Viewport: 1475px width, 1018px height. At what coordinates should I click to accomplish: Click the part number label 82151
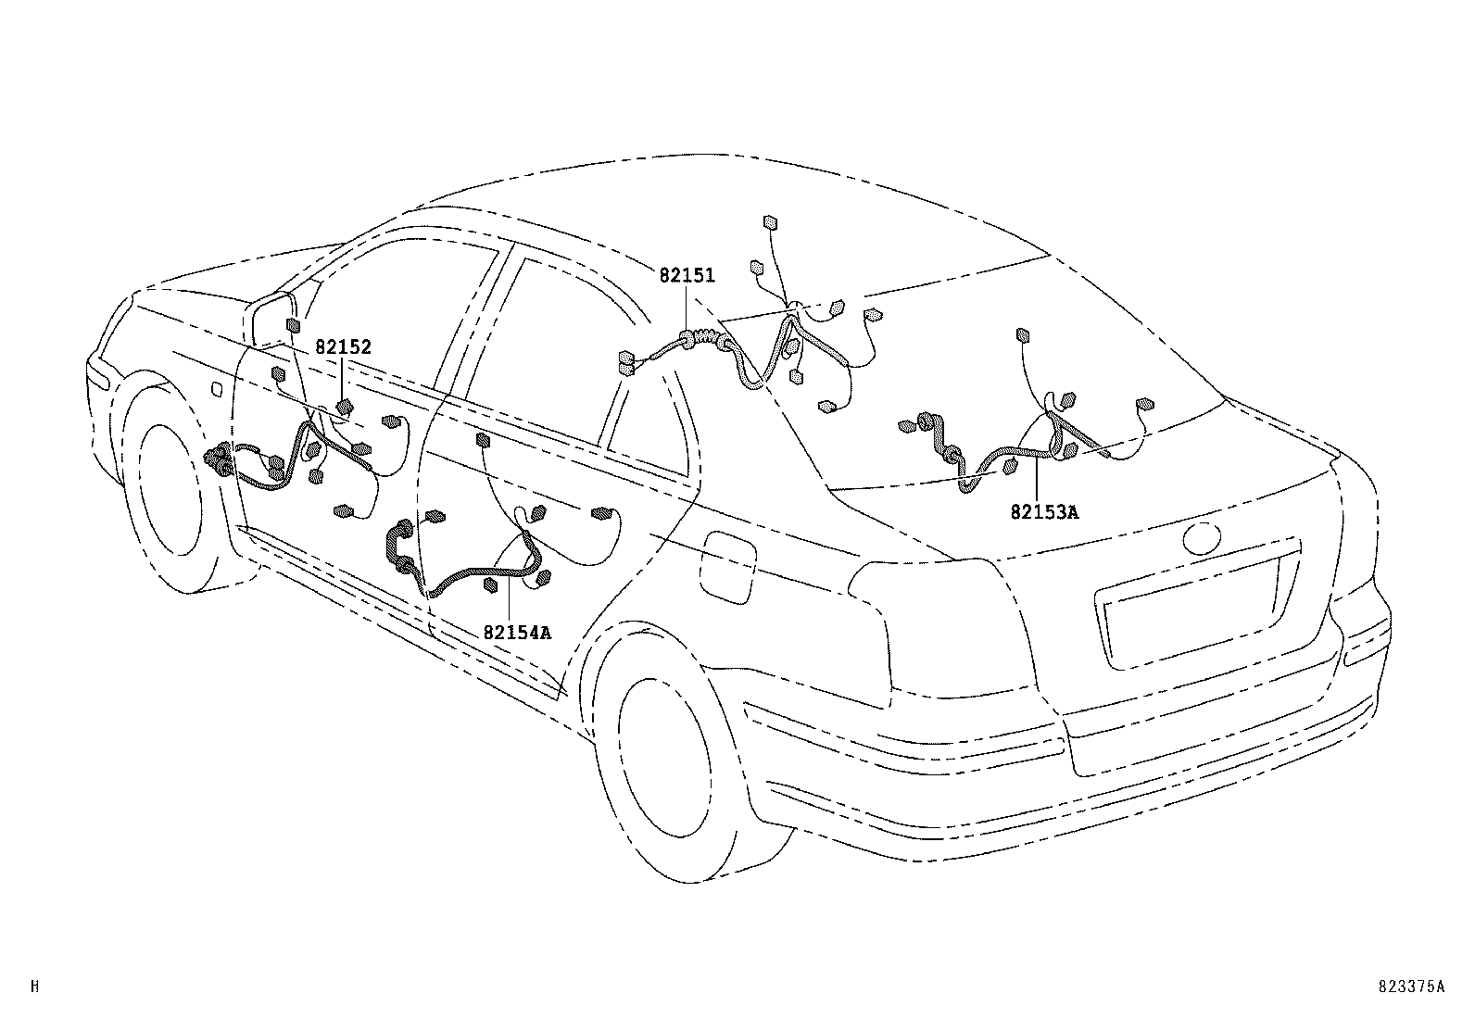[x=687, y=275]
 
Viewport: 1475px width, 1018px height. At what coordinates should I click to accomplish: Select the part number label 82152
[x=343, y=347]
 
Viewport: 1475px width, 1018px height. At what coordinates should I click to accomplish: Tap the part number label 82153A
[x=1044, y=511]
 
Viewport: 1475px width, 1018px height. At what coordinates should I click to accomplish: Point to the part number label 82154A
[x=517, y=633]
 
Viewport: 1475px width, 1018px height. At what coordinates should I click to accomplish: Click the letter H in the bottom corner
[x=34, y=987]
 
